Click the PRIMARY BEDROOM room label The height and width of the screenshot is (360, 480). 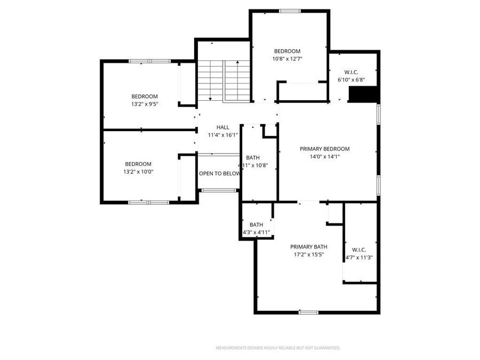click(324, 149)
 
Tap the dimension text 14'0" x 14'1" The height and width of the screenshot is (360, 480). click(324, 157)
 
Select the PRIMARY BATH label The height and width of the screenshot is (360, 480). click(308, 247)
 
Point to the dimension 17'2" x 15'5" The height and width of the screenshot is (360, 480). click(308, 255)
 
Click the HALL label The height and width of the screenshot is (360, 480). click(222, 127)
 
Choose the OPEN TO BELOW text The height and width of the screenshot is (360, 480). click(219, 174)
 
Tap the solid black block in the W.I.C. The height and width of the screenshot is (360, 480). click(363, 94)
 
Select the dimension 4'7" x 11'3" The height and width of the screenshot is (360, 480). click(358, 258)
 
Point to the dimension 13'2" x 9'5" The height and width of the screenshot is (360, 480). click(145, 105)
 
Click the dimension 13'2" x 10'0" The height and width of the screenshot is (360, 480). click(138, 172)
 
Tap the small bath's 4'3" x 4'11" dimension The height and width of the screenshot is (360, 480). click(257, 233)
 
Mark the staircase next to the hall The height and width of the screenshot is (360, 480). click(223, 80)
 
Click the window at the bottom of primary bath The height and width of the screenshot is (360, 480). click(308, 312)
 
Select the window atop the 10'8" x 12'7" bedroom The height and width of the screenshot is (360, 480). click(290, 11)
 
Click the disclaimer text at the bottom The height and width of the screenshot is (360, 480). click(277, 348)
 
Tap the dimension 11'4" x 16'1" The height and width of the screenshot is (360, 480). click(222, 135)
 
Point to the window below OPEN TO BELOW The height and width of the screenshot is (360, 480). click(219, 190)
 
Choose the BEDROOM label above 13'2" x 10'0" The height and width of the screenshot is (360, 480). click(138, 164)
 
